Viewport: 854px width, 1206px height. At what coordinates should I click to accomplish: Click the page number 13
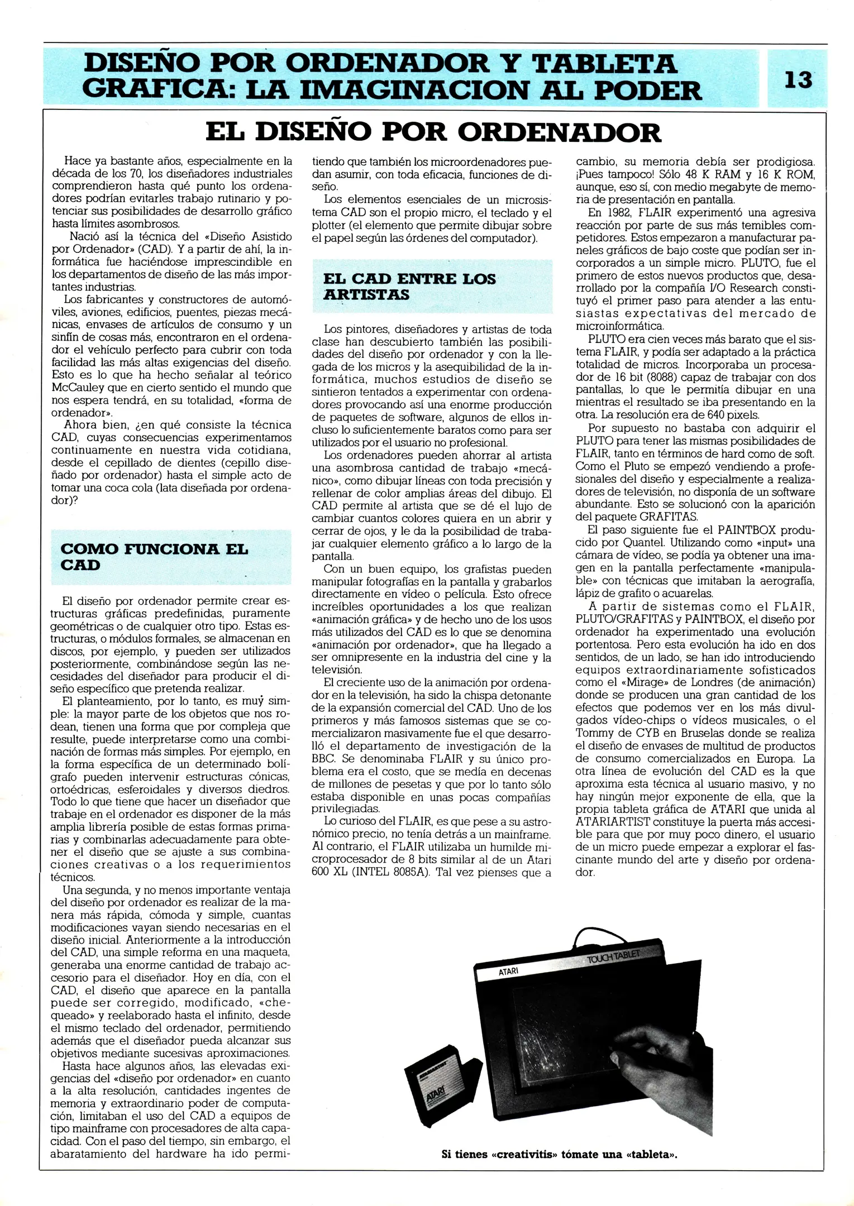click(x=798, y=80)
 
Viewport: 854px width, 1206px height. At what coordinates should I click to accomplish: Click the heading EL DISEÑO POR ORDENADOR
click(x=433, y=132)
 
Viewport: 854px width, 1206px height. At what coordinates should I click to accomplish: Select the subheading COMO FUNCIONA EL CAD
click(x=154, y=557)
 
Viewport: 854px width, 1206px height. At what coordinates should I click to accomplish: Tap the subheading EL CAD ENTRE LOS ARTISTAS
click(x=409, y=286)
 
